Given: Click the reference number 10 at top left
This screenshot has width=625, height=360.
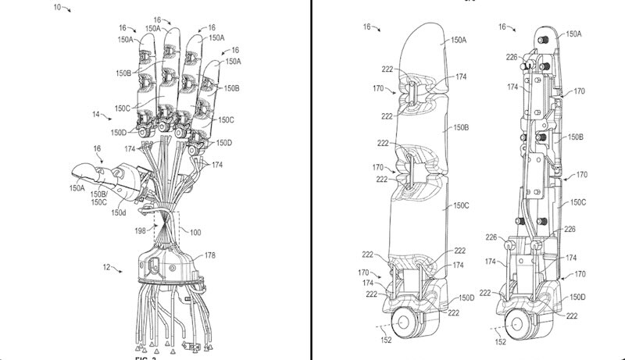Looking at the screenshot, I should [x=57, y=8].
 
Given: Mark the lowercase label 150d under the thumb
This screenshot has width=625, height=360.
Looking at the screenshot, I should [x=119, y=212].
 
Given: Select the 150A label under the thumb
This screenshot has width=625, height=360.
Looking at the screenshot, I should [x=77, y=187].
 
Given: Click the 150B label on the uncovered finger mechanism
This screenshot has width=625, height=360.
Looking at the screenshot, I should [x=576, y=137].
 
